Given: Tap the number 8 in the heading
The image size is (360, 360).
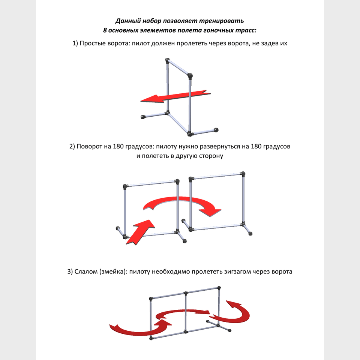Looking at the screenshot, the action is click(x=105, y=30).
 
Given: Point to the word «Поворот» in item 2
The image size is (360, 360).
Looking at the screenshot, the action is click(x=89, y=147).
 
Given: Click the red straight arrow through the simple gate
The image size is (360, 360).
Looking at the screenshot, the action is click(x=175, y=96).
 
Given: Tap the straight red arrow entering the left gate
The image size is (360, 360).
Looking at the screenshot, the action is click(x=140, y=232).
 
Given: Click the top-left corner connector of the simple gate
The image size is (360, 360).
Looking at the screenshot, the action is click(x=167, y=61).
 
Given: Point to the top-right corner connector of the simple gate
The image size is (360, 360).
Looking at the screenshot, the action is click(x=190, y=76).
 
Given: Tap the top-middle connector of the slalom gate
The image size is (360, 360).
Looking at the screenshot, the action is click(x=186, y=293).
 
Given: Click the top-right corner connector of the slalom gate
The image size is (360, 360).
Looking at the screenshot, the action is click(x=219, y=288).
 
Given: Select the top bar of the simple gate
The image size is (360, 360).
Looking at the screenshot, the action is click(x=178, y=68).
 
